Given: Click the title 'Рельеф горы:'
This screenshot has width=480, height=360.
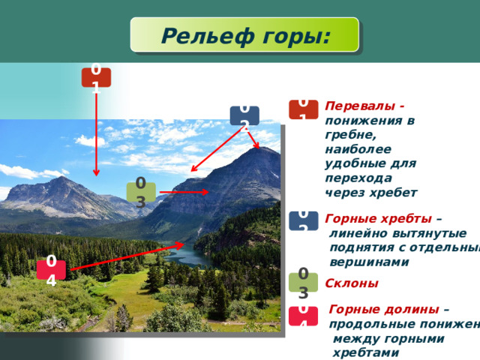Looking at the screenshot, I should pos(244,35).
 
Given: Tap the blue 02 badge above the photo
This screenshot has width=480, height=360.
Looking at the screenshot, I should pos(244,116).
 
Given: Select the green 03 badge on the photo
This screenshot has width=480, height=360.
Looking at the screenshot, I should pos(140,192).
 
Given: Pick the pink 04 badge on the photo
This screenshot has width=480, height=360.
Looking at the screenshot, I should pos(51,269).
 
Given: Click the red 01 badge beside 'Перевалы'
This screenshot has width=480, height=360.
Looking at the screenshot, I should pos(303,109).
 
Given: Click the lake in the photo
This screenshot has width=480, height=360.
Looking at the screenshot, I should pos(187,256).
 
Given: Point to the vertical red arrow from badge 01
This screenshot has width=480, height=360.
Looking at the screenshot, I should pos(96,135).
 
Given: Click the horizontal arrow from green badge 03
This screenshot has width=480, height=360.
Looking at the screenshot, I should pos(184,193).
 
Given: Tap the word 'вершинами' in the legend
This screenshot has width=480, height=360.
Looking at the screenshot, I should pos(369,262).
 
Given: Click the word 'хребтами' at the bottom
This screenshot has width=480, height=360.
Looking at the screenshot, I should pos(362,352).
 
